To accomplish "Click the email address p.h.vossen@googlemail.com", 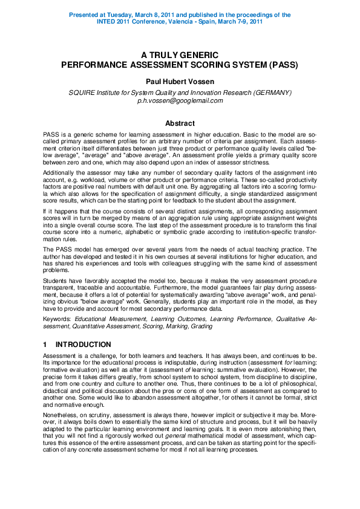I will click(x=180, y=100).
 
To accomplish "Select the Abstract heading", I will click(x=180, y=123).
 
